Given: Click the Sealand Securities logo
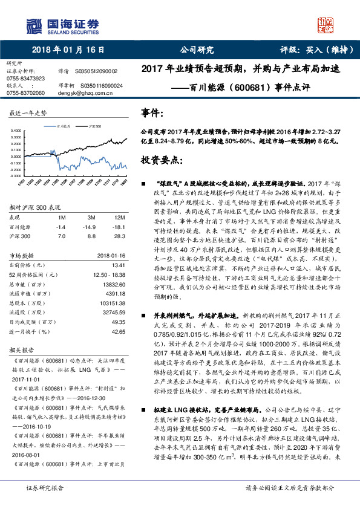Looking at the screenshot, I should point(62,24).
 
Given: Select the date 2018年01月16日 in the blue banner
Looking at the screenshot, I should point(65,50).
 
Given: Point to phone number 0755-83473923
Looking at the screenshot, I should point(25,79).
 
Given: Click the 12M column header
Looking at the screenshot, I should point(120,216).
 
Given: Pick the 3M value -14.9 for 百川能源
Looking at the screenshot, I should point(92,226).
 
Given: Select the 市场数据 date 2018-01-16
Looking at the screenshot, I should point(111,255).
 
